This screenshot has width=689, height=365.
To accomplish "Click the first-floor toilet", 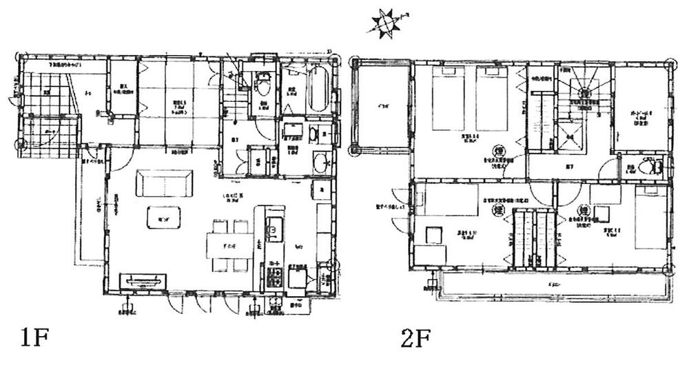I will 260,86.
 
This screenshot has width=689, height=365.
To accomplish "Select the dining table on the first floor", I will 229,244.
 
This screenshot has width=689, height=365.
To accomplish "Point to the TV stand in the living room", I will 143,281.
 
